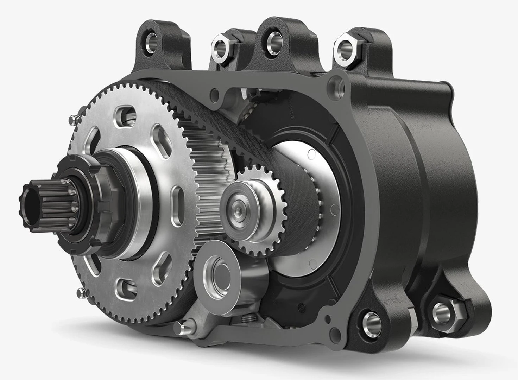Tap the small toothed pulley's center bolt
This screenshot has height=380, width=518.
coord(238,210)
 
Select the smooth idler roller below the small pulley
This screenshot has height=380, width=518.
coord(218,269)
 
